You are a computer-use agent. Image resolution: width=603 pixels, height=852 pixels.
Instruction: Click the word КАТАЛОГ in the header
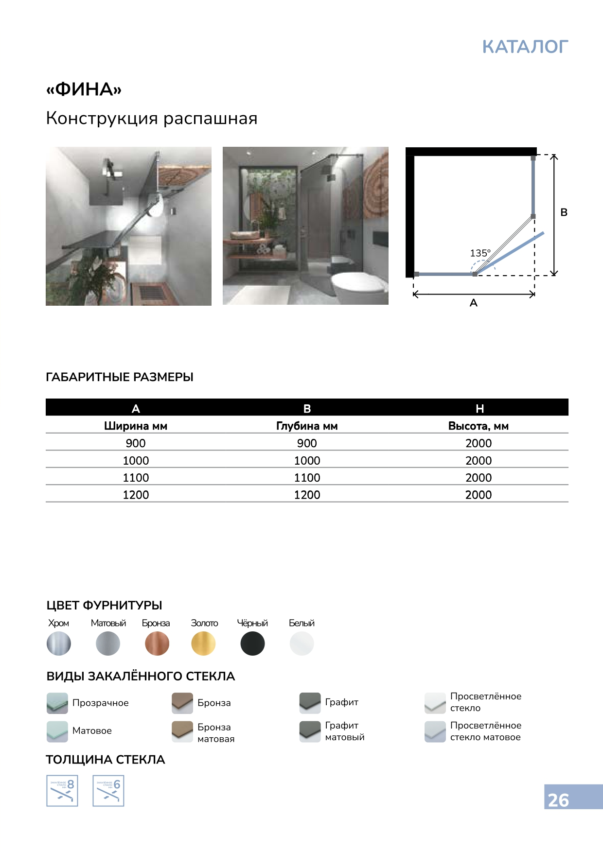(525, 47)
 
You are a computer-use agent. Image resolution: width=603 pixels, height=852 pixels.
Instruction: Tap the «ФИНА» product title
(84, 89)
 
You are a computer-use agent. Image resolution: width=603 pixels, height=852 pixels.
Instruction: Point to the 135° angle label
(480, 253)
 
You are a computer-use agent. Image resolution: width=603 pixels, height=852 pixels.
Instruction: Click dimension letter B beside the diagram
(564, 212)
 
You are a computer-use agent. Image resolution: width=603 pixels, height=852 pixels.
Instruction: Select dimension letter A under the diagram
(474, 303)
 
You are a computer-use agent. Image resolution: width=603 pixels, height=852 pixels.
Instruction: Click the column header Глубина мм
(307, 426)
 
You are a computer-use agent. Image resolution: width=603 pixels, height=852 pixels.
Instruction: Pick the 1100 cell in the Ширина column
(136, 478)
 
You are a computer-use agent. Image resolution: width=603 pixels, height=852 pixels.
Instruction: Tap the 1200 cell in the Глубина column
(307, 495)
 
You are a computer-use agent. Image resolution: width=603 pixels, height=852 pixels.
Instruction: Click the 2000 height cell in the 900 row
(479, 443)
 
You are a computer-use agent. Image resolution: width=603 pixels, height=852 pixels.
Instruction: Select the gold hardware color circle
(203, 643)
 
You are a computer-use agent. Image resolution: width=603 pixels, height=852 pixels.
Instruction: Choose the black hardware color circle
(252, 643)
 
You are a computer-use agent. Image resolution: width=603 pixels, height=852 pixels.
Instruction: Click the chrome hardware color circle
(59, 643)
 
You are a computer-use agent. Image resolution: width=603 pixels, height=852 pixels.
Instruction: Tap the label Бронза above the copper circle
(156, 623)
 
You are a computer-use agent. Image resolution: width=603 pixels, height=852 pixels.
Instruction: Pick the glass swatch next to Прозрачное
(57, 703)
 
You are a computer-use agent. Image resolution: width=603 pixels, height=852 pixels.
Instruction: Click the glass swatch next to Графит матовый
(310, 731)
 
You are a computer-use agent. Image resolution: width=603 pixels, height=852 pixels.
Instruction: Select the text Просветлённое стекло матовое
(485, 731)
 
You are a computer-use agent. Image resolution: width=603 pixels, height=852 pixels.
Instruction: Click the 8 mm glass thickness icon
(62, 791)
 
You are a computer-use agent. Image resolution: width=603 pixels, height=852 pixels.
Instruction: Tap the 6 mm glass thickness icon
(108, 791)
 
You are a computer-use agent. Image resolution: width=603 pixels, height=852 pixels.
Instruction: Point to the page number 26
(558, 800)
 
